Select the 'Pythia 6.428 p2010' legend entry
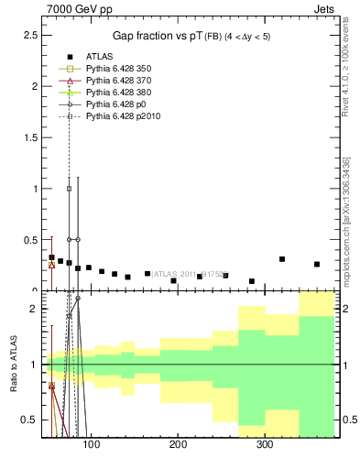coord(124,116)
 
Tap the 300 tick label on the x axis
coord(265,446)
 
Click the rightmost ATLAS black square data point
coord(317,264)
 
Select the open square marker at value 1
coord(69,189)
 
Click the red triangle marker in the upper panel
coord(51,265)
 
